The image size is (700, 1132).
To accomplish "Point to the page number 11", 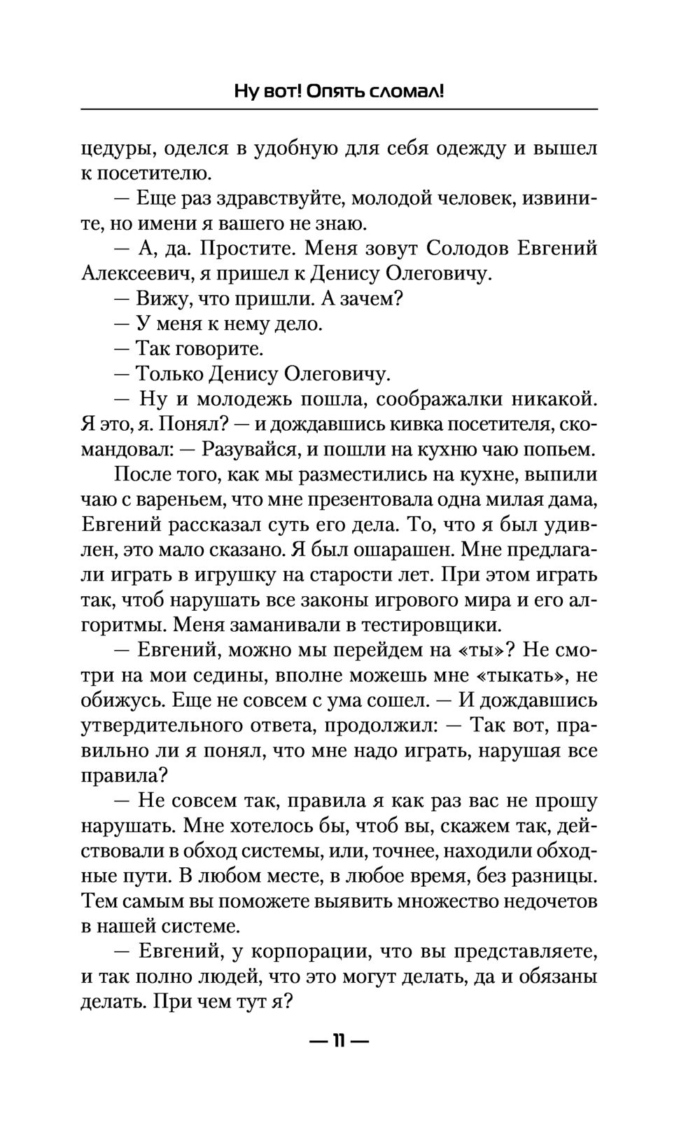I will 339,1040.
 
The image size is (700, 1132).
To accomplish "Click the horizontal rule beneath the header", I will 339,109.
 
